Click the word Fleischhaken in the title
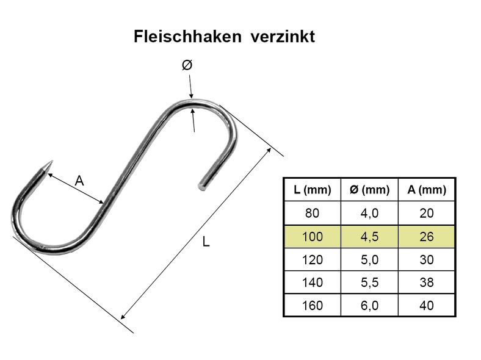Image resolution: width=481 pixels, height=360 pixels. (x=187, y=37)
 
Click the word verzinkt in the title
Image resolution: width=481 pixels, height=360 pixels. (x=283, y=37)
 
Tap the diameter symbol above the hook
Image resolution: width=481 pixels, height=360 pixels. (x=187, y=65)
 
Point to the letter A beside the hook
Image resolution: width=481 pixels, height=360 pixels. (x=79, y=181)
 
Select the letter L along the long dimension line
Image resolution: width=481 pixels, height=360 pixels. (x=206, y=242)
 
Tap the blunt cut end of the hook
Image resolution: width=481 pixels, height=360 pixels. (x=202, y=187)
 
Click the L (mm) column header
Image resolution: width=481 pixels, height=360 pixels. (x=313, y=190)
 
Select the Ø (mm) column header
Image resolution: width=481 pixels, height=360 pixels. (x=369, y=190)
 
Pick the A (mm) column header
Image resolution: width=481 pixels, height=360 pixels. (x=427, y=190)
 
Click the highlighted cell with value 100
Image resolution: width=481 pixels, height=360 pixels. (x=313, y=236)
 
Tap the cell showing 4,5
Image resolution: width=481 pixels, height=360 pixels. (x=369, y=236)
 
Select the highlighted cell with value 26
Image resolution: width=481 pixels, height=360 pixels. (x=427, y=236)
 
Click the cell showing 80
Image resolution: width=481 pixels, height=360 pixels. (x=313, y=213)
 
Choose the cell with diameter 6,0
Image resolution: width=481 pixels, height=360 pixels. (x=369, y=306)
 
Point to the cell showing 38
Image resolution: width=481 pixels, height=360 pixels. (x=427, y=282)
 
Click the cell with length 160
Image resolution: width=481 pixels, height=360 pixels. (x=313, y=306)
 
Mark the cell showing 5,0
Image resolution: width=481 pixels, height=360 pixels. (x=369, y=259)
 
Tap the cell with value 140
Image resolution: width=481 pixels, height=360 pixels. (x=313, y=282)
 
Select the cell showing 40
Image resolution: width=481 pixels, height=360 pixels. (x=427, y=306)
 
